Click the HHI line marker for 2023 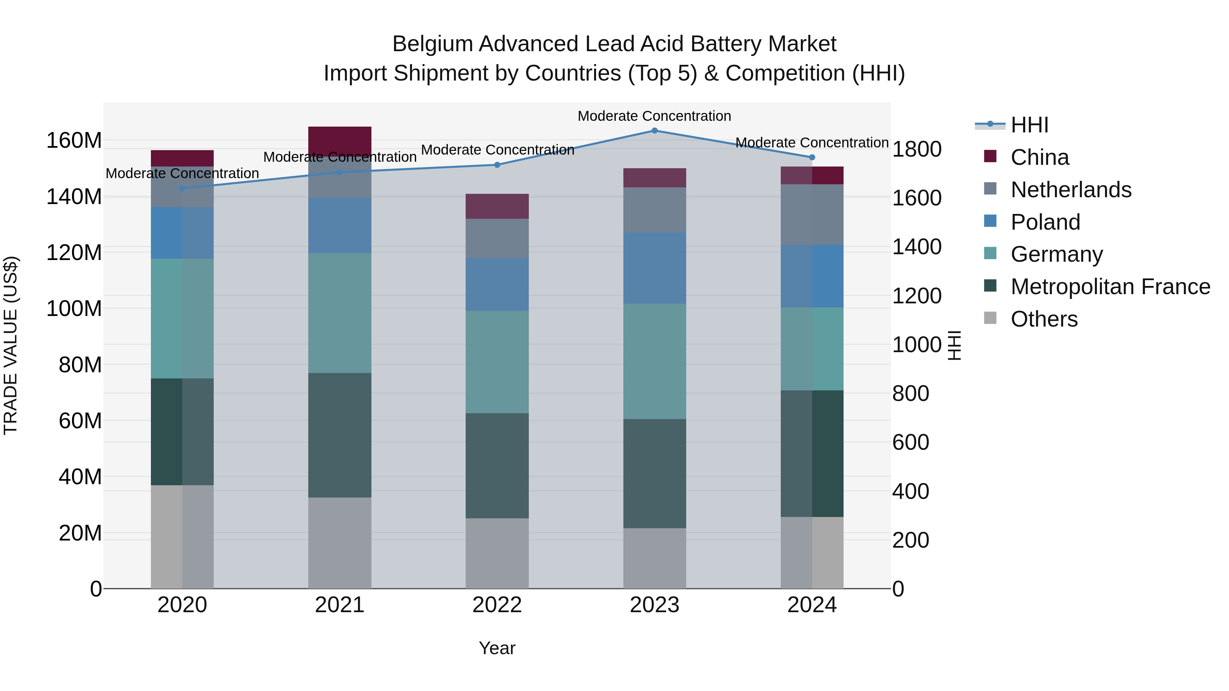654,130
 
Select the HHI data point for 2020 182,188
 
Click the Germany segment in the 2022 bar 497,362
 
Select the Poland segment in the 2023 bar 654,268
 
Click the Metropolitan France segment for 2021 340,435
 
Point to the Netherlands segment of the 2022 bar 497,239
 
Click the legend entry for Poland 1045,222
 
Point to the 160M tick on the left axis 74,141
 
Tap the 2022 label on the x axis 497,605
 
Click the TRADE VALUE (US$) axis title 11,345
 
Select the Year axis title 497,648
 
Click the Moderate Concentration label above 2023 654,116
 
